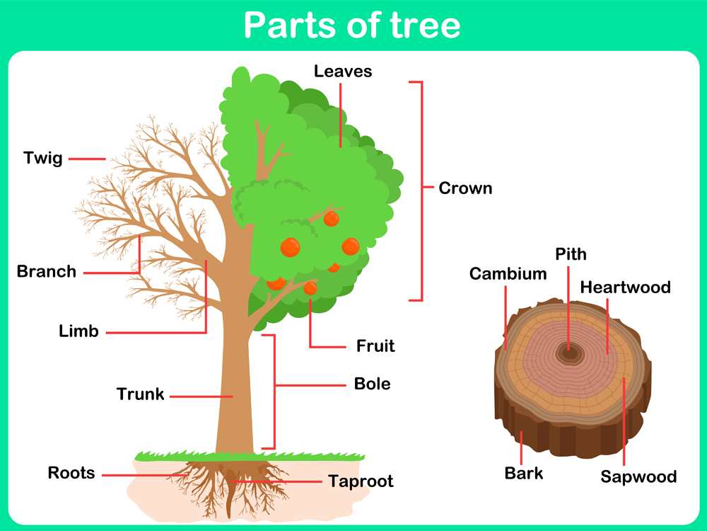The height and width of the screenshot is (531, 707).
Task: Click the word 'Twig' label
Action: (x=43, y=158)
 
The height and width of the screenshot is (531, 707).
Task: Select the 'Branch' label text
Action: (x=47, y=271)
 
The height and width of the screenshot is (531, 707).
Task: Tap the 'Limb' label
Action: (x=78, y=331)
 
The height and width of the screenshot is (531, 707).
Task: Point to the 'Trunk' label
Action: (x=140, y=394)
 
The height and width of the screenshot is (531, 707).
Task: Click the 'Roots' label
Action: (x=71, y=472)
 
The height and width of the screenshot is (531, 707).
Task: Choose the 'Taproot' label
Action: (x=361, y=481)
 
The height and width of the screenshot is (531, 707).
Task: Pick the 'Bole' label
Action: (x=372, y=384)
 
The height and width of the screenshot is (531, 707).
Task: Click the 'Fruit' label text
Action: (x=375, y=346)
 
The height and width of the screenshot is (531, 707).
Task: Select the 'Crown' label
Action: (x=465, y=188)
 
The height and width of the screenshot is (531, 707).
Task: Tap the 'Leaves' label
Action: (x=343, y=71)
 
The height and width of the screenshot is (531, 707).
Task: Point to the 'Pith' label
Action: (x=571, y=254)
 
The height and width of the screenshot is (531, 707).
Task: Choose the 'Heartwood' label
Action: (x=625, y=287)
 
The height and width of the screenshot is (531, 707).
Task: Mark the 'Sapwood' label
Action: (x=638, y=476)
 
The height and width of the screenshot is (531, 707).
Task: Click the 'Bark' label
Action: (x=524, y=473)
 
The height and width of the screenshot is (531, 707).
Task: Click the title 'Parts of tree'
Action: (x=352, y=25)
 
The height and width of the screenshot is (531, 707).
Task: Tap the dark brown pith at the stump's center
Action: (x=568, y=352)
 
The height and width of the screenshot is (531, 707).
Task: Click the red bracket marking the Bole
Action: (x=274, y=392)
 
